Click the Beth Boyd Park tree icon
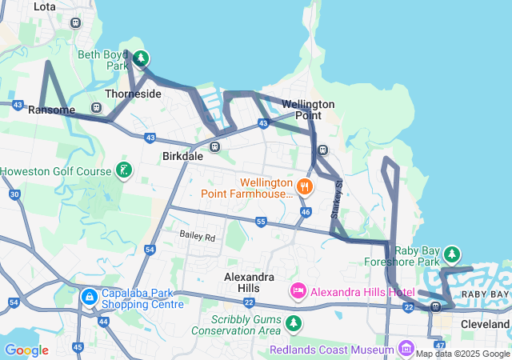click(x=141, y=58)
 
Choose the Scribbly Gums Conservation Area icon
click(x=295, y=323)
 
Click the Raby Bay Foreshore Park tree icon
click(x=452, y=254)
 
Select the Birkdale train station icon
click(x=214, y=146)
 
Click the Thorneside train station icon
click(x=96, y=107)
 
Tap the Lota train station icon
click(x=75, y=22)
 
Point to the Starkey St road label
click(x=337, y=195)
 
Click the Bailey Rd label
click(x=198, y=237)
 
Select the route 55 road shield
click(x=261, y=221)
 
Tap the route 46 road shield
click(x=306, y=212)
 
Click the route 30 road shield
click(x=14, y=194)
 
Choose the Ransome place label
click(x=51, y=110)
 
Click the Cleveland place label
click(x=485, y=325)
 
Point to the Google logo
click(x=26, y=350)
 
